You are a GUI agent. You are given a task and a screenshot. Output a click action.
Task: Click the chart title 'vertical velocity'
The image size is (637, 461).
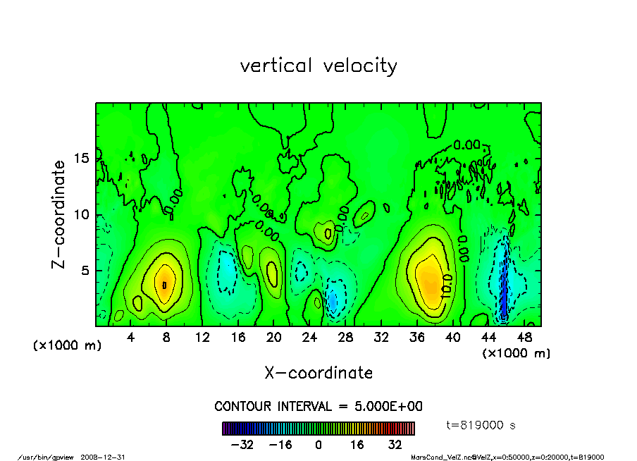pyautogui.click(x=318, y=66)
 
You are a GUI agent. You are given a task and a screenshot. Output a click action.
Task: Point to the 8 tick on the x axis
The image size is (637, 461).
pyautogui.click(x=166, y=337)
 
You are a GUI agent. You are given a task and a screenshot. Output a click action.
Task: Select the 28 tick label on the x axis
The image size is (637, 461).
pyautogui.click(x=345, y=337)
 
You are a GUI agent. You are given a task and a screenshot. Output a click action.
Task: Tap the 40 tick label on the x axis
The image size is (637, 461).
pyautogui.click(x=452, y=337)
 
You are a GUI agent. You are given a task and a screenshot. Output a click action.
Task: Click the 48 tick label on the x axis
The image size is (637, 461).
pyautogui.click(x=524, y=337)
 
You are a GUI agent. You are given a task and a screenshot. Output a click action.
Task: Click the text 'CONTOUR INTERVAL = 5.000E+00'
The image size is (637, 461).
pyautogui.click(x=318, y=407)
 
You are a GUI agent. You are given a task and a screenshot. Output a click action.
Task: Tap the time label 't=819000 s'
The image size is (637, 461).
pyautogui.click(x=482, y=425)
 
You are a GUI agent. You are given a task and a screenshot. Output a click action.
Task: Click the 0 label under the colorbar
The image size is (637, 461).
pyautogui.click(x=318, y=445)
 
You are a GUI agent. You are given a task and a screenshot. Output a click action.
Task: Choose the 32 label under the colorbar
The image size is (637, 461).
pyautogui.click(x=395, y=445)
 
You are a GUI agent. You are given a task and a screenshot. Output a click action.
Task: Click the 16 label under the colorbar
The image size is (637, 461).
pyautogui.click(x=357, y=445)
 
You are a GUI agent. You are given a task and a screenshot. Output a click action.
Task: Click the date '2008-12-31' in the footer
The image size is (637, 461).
pyautogui.click(x=109, y=457)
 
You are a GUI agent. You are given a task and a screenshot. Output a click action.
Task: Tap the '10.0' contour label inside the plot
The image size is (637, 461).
pyautogui.click(x=446, y=288)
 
